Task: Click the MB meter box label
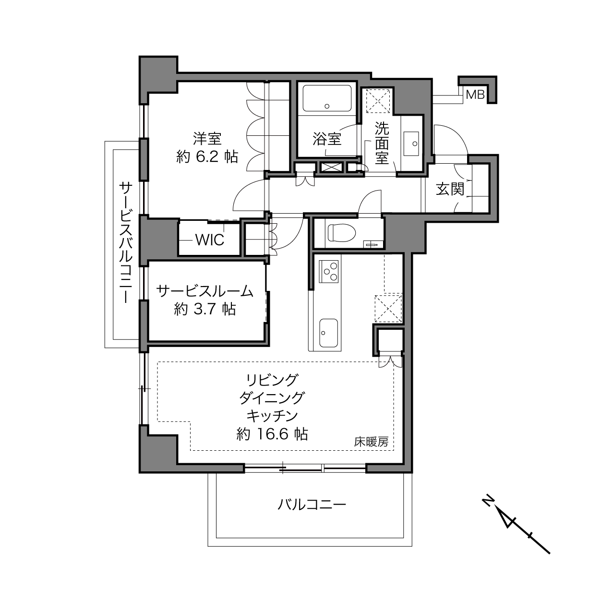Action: (x=475, y=95)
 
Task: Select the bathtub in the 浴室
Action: (x=327, y=98)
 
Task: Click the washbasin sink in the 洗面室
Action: (x=411, y=144)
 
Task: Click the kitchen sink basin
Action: (x=329, y=333)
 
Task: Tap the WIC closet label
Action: (x=210, y=240)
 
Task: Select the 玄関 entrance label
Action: (x=450, y=189)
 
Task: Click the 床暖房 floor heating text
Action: (x=371, y=442)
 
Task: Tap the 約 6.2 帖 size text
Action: (x=207, y=156)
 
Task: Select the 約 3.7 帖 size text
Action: (x=205, y=309)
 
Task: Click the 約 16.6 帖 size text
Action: (x=272, y=434)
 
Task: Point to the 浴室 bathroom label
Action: (x=327, y=139)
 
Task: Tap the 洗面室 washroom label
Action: (x=382, y=143)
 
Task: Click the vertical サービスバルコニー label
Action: (x=126, y=243)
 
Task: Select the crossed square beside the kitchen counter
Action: (x=388, y=308)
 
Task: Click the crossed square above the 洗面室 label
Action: (x=378, y=101)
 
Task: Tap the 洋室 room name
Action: (x=207, y=139)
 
